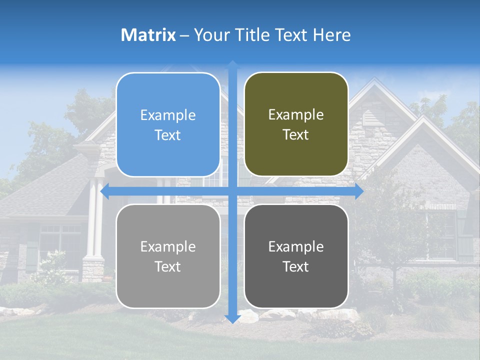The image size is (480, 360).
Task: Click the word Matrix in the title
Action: click(148, 35)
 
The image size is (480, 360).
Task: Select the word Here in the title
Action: click(332, 35)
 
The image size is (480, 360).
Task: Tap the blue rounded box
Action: click(168, 125)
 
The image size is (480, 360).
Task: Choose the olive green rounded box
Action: click(296, 124)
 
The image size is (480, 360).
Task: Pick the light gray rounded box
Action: click(168, 256)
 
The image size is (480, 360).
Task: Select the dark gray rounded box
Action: click(296, 256)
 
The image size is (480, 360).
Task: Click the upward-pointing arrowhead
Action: click(232, 65)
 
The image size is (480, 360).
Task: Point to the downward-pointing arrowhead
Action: click(232, 319)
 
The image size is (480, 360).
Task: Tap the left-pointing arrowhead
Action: click(105, 191)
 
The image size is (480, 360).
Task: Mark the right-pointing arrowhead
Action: click(358, 191)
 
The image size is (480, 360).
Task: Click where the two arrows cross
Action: click(232, 191)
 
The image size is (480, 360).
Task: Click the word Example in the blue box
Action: click(168, 115)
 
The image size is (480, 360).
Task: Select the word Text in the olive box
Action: click(296, 135)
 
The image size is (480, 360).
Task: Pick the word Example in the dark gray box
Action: click(296, 246)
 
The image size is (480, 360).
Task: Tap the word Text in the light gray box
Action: click(168, 267)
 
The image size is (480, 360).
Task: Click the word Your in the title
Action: click(210, 35)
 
